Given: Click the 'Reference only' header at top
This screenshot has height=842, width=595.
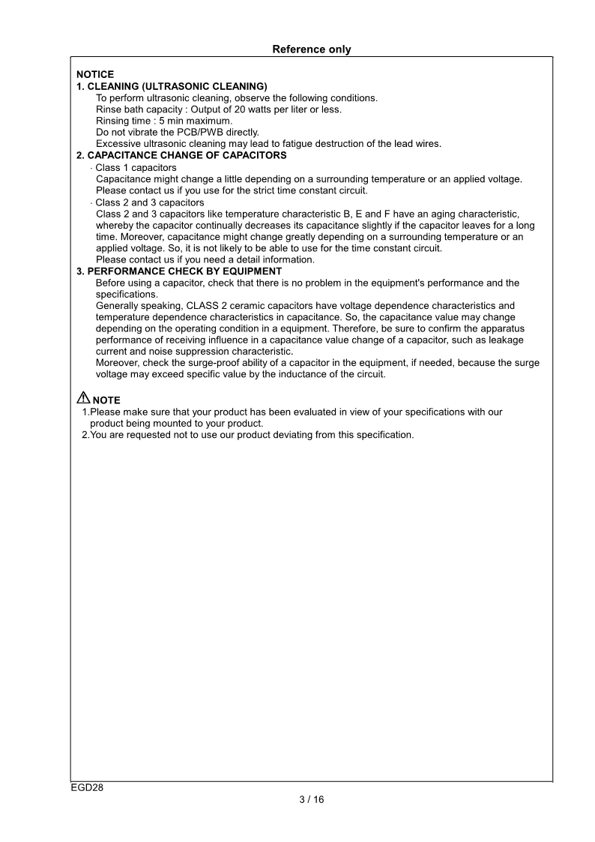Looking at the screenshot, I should tap(311, 49).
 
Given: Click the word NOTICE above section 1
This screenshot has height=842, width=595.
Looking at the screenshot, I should tap(95, 74).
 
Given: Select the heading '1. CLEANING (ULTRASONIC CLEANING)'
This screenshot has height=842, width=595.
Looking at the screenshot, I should tap(172, 86).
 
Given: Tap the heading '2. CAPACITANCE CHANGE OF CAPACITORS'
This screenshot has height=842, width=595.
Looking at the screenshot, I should tap(181, 155).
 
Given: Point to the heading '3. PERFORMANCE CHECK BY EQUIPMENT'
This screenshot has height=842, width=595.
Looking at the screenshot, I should tap(179, 271).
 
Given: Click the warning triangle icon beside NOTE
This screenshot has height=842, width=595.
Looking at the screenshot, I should tap(82, 399).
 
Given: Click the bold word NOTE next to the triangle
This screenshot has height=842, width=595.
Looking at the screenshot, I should tap(106, 400).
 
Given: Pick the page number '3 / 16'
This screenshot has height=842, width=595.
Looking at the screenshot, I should tap(311, 799).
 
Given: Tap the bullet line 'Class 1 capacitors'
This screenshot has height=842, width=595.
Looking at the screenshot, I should tap(136, 167).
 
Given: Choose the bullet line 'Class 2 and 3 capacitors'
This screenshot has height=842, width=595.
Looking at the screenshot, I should tap(149, 202).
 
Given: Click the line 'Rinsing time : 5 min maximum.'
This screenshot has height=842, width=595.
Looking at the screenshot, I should tap(164, 121).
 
